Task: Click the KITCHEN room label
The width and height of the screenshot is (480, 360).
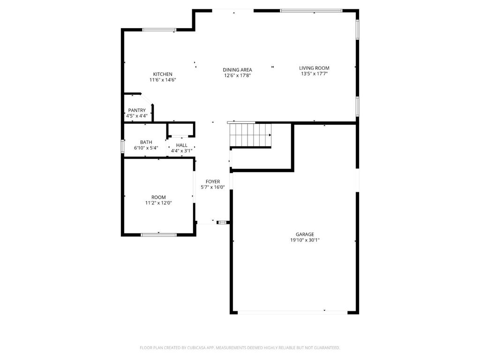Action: [163, 74]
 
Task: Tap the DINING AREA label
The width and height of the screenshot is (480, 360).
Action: [237, 70]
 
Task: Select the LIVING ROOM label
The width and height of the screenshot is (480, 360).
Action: [314, 68]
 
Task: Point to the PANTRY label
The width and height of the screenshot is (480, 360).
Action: [137, 110]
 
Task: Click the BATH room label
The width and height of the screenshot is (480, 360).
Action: [146, 142]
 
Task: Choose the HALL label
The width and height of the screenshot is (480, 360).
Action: [182, 145]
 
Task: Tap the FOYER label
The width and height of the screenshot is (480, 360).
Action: [213, 181]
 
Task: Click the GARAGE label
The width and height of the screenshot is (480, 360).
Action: [305, 234]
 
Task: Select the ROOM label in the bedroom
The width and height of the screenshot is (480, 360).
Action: [158, 197]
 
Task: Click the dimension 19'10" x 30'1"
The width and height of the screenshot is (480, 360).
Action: [305, 240]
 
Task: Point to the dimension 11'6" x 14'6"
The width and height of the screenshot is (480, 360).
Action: [163, 80]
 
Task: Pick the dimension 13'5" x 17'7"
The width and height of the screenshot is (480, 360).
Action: [314, 74]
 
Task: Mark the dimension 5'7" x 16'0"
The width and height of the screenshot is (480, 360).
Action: [213, 187]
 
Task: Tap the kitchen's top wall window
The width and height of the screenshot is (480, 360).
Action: [159, 30]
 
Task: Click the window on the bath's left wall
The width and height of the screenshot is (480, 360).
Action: [123, 146]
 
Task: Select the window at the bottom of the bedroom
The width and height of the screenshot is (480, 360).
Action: [159, 234]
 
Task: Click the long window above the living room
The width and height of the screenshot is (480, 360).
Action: [311, 10]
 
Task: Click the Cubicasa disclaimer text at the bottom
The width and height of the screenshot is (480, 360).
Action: [240, 348]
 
